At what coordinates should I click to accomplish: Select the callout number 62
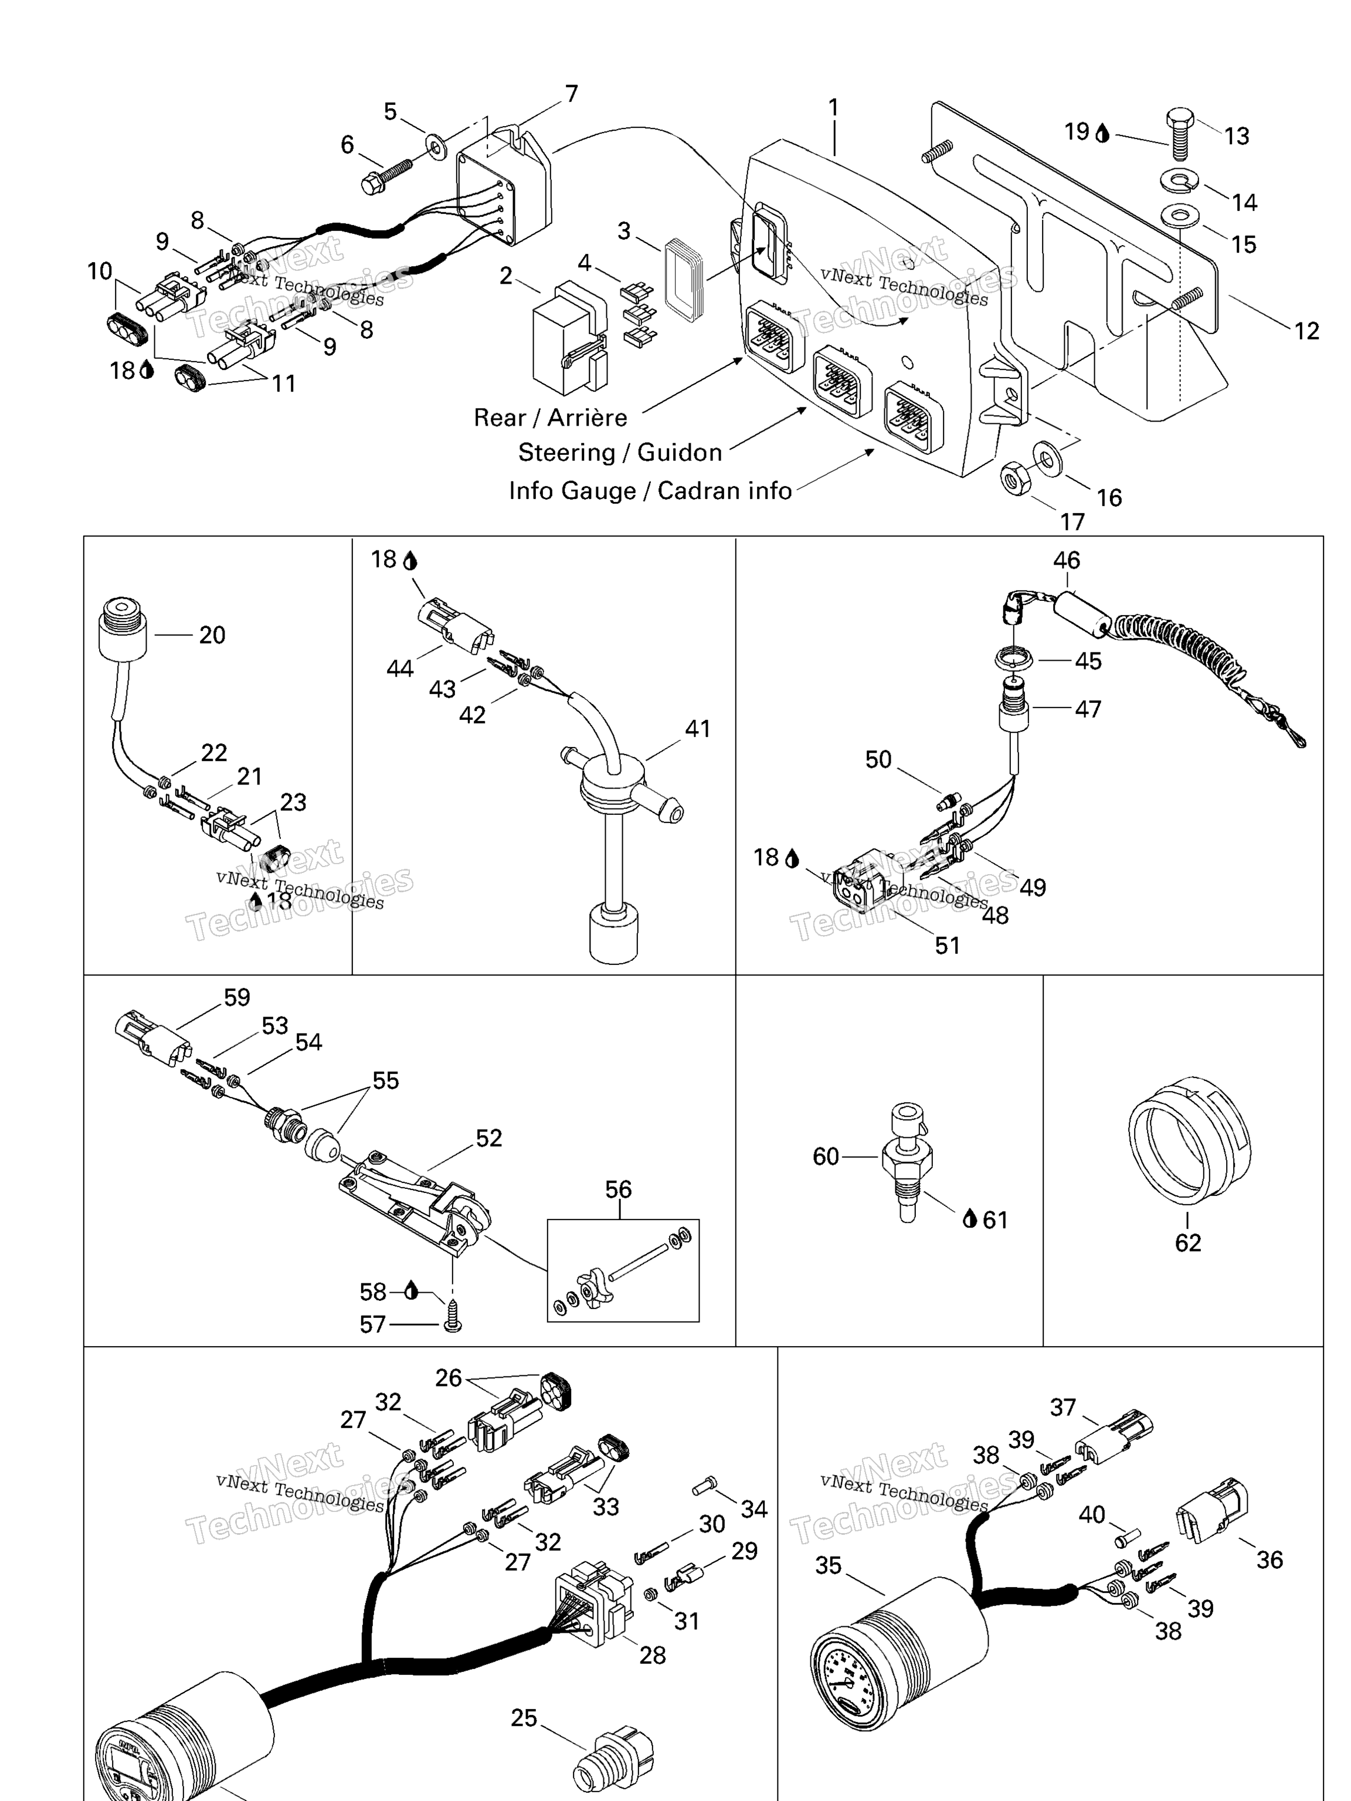(x=1187, y=1242)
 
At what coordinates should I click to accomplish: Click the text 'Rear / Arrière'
(x=551, y=417)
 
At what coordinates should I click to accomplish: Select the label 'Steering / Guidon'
(x=620, y=453)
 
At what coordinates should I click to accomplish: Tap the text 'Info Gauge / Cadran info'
(x=650, y=491)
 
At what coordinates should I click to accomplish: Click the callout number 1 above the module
(x=833, y=107)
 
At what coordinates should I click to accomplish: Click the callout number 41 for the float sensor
(x=697, y=728)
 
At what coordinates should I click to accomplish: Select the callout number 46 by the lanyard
(x=1066, y=560)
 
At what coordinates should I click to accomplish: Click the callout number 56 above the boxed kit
(x=618, y=1190)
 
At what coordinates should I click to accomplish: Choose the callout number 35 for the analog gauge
(x=828, y=1565)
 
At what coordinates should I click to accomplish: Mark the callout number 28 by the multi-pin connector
(x=652, y=1654)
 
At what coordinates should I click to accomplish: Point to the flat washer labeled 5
(x=436, y=148)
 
